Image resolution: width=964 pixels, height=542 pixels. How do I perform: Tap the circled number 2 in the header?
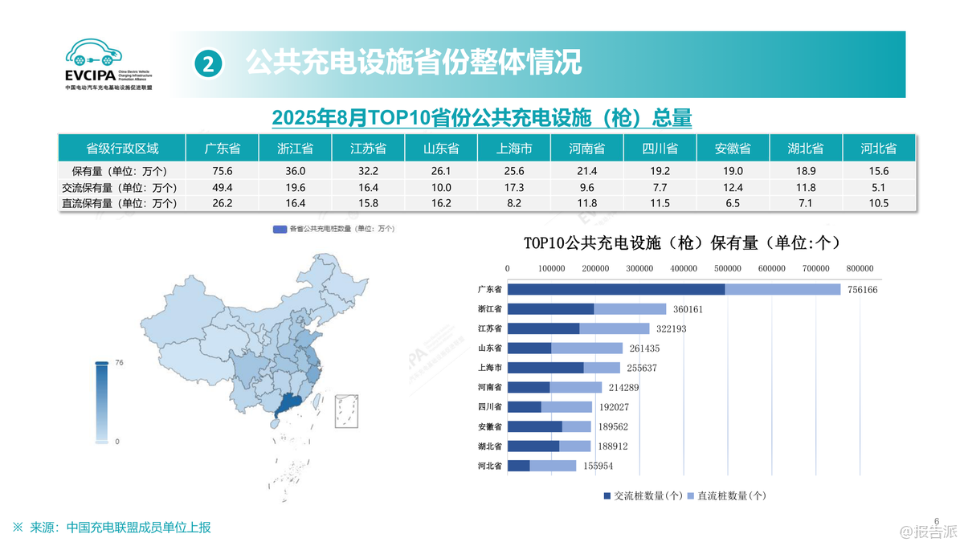click(208, 63)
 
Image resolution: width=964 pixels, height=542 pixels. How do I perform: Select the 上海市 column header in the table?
click(513, 149)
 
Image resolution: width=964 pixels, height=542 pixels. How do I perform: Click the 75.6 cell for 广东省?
click(222, 171)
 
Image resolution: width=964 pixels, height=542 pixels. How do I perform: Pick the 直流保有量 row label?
click(119, 203)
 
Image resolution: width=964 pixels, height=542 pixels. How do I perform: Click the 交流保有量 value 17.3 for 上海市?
click(513, 187)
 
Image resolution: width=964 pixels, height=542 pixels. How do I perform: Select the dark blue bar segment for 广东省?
click(616, 289)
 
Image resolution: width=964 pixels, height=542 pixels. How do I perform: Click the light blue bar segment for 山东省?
click(586, 348)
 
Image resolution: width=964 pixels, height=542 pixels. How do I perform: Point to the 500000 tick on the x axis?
click(728, 268)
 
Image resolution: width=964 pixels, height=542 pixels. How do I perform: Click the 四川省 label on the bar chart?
click(489, 407)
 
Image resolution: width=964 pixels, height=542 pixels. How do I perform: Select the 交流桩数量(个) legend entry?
click(643, 496)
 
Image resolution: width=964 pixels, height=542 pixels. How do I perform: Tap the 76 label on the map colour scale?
click(119, 363)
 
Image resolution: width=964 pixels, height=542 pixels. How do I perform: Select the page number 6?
click(936, 520)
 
